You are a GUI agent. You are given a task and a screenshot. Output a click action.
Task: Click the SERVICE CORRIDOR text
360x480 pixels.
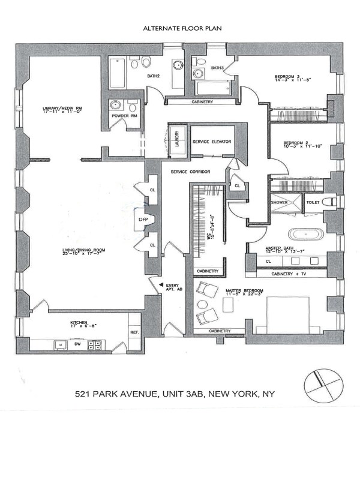click(x=190, y=172)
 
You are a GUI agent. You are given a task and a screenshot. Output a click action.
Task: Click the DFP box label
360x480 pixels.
click(x=143, y=220)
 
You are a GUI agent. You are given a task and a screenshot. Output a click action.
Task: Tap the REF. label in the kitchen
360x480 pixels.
click(x=135, y=332)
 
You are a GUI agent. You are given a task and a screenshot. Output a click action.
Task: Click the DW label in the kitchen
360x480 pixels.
click(x=77, y=344)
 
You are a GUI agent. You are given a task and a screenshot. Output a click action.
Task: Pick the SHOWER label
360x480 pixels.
click(x=280, y=203)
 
